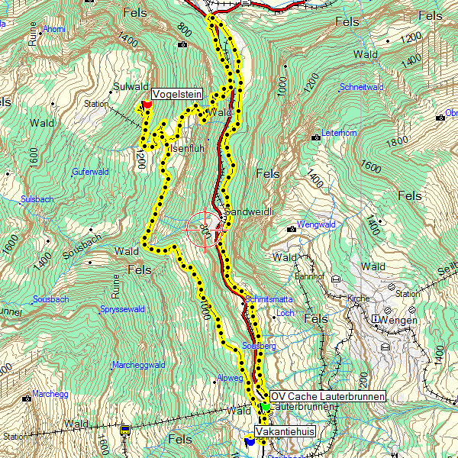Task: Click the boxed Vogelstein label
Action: coord(176,94)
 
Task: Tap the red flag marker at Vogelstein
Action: coord(147,105)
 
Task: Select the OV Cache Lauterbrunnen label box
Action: coord(328,396)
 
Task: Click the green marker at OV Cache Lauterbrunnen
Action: coord(265,406)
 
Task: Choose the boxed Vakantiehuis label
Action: coord(285,432)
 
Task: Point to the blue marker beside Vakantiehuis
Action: coord(250,440)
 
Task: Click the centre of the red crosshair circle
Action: coord(205,228)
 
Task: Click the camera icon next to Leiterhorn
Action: coord(316,137)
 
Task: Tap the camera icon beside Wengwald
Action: coord(291,228)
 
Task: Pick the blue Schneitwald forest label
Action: coord(362,87)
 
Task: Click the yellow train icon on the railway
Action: coord(124,431)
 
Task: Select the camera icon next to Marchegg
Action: coord(27,398)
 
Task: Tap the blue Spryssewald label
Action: coord(122,309)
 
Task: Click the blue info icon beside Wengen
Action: coord(376,318)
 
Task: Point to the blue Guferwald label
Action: coord(90,172)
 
